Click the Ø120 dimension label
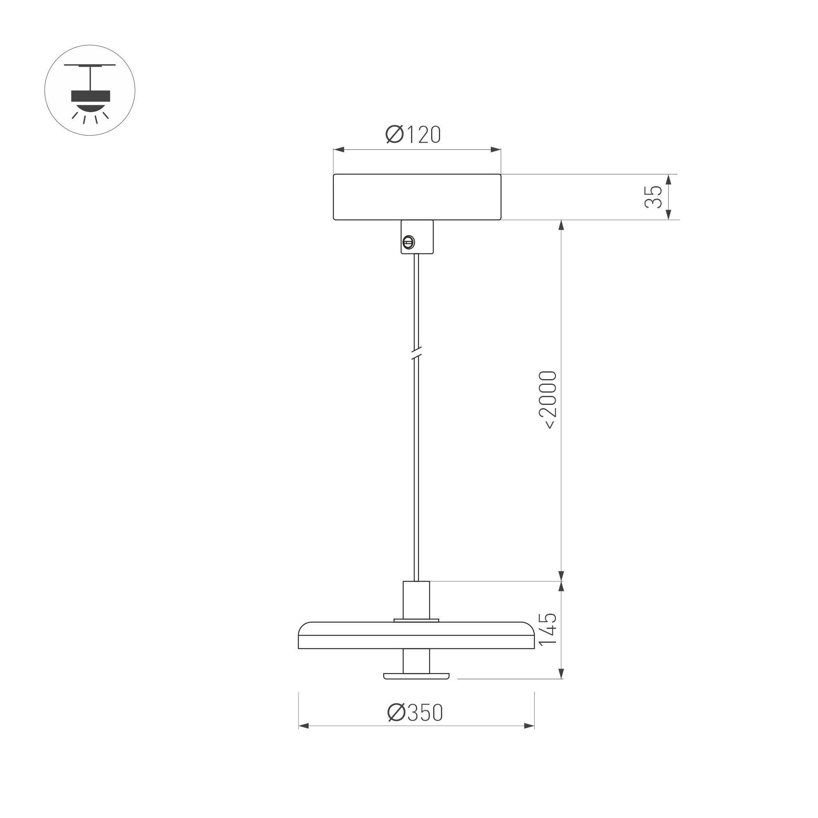(x=413, y=135)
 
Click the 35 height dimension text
(x=653, y=197)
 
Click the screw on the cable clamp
(x=408, y=242)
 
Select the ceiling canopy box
(x=417, y=197)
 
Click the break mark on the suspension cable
(x=417, y=353)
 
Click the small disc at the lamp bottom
(x=416, y=676)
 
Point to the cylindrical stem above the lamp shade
(x=416, y=600)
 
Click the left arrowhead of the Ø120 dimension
(x=339, y=149)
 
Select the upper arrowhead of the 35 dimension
(x=669, y=179)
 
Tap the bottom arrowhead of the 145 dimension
(x=561, y=673)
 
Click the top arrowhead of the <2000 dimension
(x=561, y=225)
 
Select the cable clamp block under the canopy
(x=417, y=237)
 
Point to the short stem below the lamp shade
(x=416, y=660)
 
